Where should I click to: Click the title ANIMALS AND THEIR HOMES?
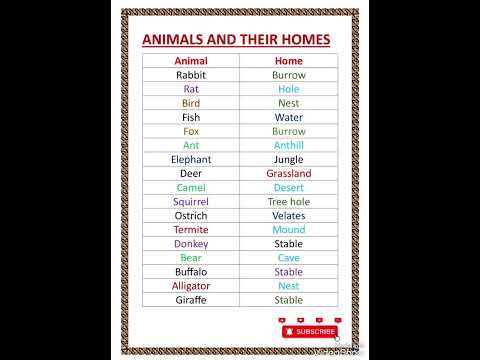[x=239, y=40]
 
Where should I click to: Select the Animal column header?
[x=190, y=61]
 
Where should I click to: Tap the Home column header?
[x=288, y=61]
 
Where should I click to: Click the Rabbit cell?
[x=190, y=75]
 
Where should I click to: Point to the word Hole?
[x=288, y=89]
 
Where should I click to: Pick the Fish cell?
[x=190, y=117]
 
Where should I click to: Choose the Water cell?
[x=288, y=117]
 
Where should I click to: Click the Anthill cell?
[x=288, y=145]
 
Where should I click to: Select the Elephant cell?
[x=190, y=159]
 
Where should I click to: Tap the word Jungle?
[x=288, y=159]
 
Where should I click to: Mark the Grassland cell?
[x=288, y=173]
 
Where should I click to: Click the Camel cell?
[x=190, y=187]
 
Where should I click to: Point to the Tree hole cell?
[x=288, y=201]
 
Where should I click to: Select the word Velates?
[x=288, y=215]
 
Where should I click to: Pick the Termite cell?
[x=190, y=229]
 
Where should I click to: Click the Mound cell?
[x=288, y=229]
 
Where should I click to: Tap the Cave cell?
[x=288, y=257]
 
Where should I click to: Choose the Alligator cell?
[x=190, y=285]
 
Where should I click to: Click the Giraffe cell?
[x=190, y=299]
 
